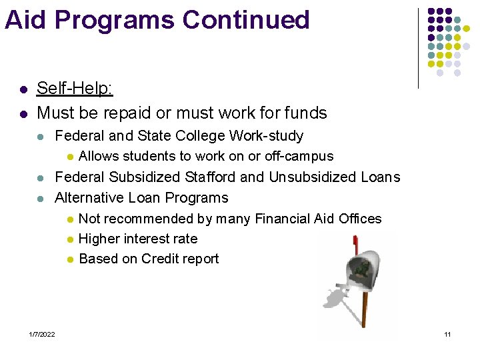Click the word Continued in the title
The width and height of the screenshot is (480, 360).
coord(246,20)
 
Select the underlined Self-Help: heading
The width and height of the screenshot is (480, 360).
coord(75,89)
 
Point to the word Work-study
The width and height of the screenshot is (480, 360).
coord(266,136)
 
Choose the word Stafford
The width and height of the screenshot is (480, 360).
coord(204,177)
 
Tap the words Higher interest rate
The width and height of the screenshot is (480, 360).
coord(138,239)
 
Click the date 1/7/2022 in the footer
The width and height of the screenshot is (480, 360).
coord(42,334)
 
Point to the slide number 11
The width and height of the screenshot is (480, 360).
coord(447,334)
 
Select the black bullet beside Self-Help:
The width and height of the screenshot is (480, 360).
coord(23,89)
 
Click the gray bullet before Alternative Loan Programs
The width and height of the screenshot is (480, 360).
coord(41,199)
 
